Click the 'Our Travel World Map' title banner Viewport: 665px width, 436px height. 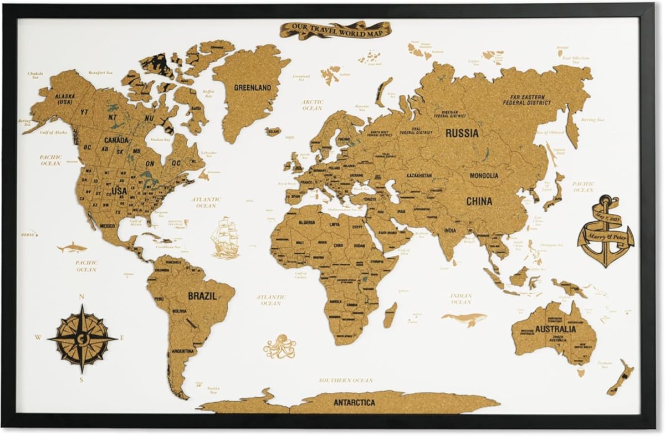(335, 29)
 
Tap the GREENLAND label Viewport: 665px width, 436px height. (252, 88)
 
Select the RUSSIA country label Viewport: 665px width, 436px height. (462, 134)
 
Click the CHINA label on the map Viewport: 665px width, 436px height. (479, 201)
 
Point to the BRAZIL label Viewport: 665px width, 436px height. (202, 296)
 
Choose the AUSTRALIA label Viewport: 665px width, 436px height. (555, 329)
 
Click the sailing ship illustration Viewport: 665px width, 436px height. (225, 237)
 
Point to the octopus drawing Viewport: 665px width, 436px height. (279, 347)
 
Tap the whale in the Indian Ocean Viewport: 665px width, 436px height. (464, 319)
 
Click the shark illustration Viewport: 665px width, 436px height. (72, 248)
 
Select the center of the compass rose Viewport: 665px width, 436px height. (83, 337)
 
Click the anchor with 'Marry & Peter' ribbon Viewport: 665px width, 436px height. (605, 230)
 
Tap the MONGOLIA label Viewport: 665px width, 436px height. (483, 176)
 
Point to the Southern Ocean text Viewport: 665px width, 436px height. (345, 381)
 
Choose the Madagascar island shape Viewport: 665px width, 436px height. (390, 315)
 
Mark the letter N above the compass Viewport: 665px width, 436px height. (82, 297)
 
